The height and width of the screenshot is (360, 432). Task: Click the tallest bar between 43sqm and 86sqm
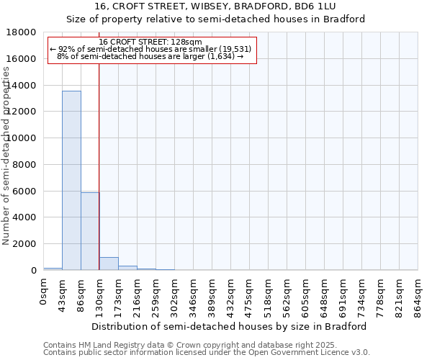[71, 180]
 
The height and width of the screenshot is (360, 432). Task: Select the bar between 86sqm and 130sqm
[90, 231]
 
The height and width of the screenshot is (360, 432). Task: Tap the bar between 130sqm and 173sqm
[109, 264]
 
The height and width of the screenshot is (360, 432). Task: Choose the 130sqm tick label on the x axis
[100, 295]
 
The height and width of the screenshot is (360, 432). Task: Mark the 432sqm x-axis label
[231, 295]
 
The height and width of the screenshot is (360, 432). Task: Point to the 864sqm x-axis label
[418, 295]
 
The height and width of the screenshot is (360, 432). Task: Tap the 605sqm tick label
[306, 295]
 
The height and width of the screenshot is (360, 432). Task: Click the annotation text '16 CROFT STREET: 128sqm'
[150, 42]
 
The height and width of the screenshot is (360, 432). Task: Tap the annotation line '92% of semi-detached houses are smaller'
[150, 49]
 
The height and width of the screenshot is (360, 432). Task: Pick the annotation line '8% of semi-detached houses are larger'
[150, 56]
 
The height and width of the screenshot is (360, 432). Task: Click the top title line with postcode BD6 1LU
[216, 6]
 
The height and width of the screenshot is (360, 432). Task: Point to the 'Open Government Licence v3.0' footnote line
[207, 353]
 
